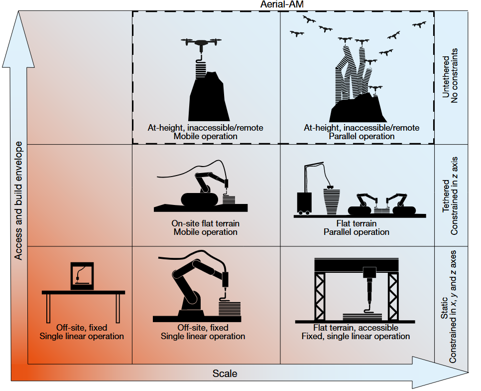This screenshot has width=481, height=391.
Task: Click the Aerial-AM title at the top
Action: pyautogui.click(x=283, y=4)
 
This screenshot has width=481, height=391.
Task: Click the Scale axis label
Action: pyautogui.click(x=225, y=374)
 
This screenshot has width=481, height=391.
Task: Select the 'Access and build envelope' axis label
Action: pyautogui.click(x=19, y=200)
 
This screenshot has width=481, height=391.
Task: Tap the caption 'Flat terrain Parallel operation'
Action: pyautogui.click(x=357, y=227)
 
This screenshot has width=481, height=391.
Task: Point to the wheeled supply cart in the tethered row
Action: pyautogui.click(x=304, y=202)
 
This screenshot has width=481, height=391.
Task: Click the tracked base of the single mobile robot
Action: pyautogui.click(x=199, y=199)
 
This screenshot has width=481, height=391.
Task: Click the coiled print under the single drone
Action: pyautogui.click(x=200, y=67)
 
